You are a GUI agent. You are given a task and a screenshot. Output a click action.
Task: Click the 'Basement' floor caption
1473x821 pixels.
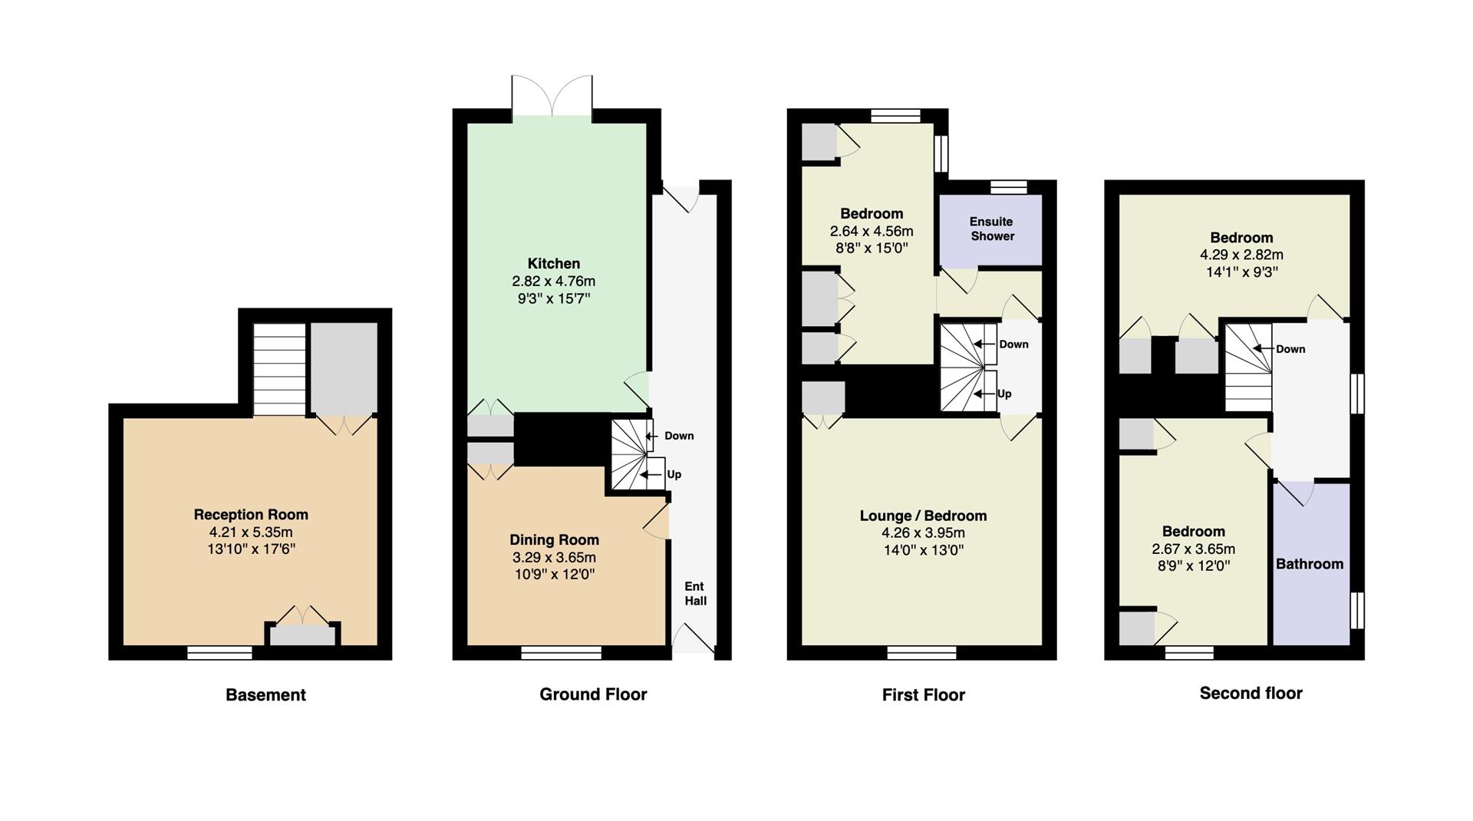(x=265, y=695)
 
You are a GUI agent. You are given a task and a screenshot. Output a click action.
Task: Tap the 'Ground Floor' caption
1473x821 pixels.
(x=593, y=694)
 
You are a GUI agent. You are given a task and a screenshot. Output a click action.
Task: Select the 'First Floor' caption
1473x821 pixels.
(x=924, y=695)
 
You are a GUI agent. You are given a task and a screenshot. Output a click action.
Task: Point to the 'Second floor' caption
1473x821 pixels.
(x=1251, y=694)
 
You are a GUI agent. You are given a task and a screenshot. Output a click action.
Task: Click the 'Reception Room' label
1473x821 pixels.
(x=251, y=515)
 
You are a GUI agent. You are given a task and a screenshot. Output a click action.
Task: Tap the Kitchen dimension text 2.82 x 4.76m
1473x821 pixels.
(x=554, y=281)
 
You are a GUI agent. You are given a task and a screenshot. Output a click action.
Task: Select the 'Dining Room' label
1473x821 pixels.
(x=554, y=540)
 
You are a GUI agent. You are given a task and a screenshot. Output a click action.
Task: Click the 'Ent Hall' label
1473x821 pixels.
(x=695, y=594)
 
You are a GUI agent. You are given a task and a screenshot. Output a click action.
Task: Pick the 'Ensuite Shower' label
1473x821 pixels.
(x=992, y=229)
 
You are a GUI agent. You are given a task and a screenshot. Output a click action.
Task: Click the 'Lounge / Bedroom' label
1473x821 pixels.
(x=923, y=516)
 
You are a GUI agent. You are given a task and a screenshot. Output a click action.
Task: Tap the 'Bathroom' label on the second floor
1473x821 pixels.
(x=1310, y=564)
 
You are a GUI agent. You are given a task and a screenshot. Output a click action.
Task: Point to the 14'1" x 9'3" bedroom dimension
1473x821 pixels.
(x=1241, y=272)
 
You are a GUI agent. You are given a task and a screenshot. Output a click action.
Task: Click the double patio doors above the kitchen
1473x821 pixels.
(x=552, y=96)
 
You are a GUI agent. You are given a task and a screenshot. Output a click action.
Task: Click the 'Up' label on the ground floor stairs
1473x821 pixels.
(x=674, y=474)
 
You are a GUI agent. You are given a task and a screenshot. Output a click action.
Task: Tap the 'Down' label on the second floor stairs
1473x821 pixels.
(x=1290, y=349)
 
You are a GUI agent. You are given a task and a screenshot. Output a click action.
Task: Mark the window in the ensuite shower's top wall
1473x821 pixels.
(x=1008, y=186)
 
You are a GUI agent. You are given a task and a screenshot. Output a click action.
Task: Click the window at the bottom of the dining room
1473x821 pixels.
(x=561, y=653)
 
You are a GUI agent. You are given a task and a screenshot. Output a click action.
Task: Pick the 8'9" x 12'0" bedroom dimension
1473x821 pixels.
(x=1193, y=566)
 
